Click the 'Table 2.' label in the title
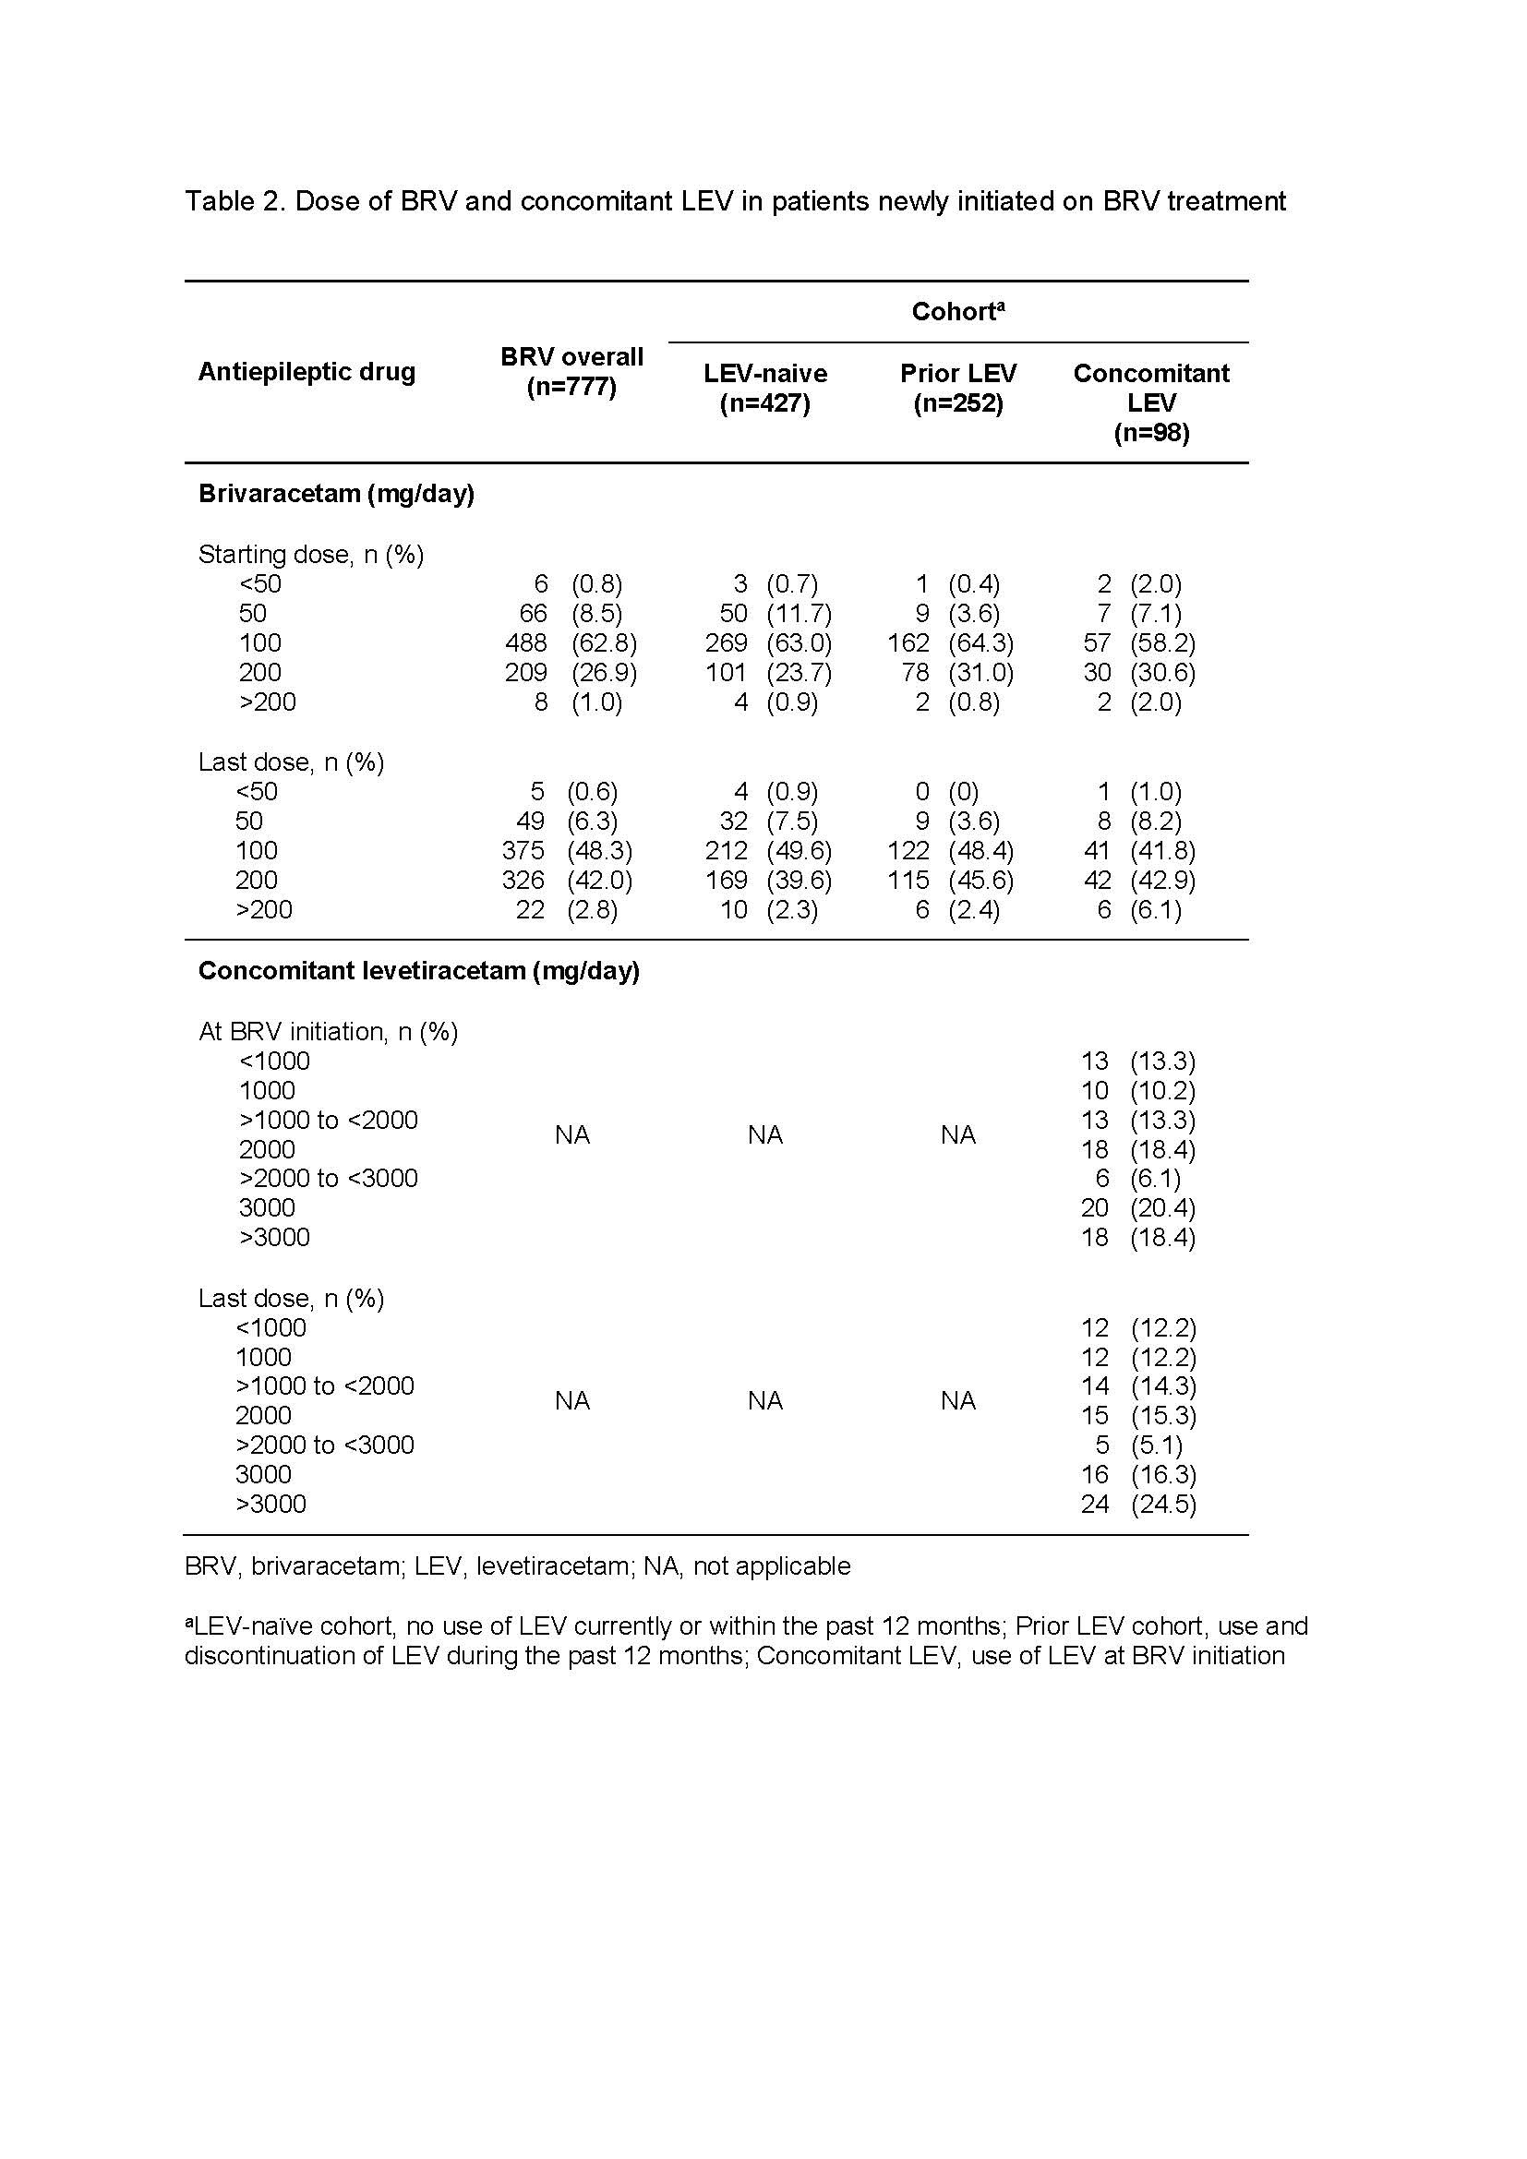pyautogui.click(x=234, y=201)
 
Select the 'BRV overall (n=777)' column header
pyautogui.click(x=571, y=371)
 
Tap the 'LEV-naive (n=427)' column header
pyautogui.click(x=765, y=388)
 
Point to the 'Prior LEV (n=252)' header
pyautogui.click(x=958, y=388)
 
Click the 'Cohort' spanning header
pyautogui.click(x=958, y=312)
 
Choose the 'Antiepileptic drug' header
pyautogui.click(x=307, y=372)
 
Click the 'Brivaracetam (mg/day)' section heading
pyautogui.click(x=336, y=494)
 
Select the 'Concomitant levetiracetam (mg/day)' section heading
pyautogui.click(x=418, y=970)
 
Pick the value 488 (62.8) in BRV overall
pyautogui.click(x=571, y=643)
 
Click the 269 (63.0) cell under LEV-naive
pyautogui.click(x=768, y=643)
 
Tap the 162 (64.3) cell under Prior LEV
pyautogui.click(x=951, y=643)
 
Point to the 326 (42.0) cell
pyautogui.click(x=567, y=881)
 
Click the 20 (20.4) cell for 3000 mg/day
pyautogui.click(x=1137, y=1207)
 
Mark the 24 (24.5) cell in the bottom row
pyautogui.click(x=1137, y=1505)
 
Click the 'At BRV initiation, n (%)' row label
pyautogui.click(x=327, y=1032)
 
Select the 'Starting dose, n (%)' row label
pyautogui.click(x=310, y=555)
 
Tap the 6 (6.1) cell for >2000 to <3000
pyautogui.click(x=1137, y=1178)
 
